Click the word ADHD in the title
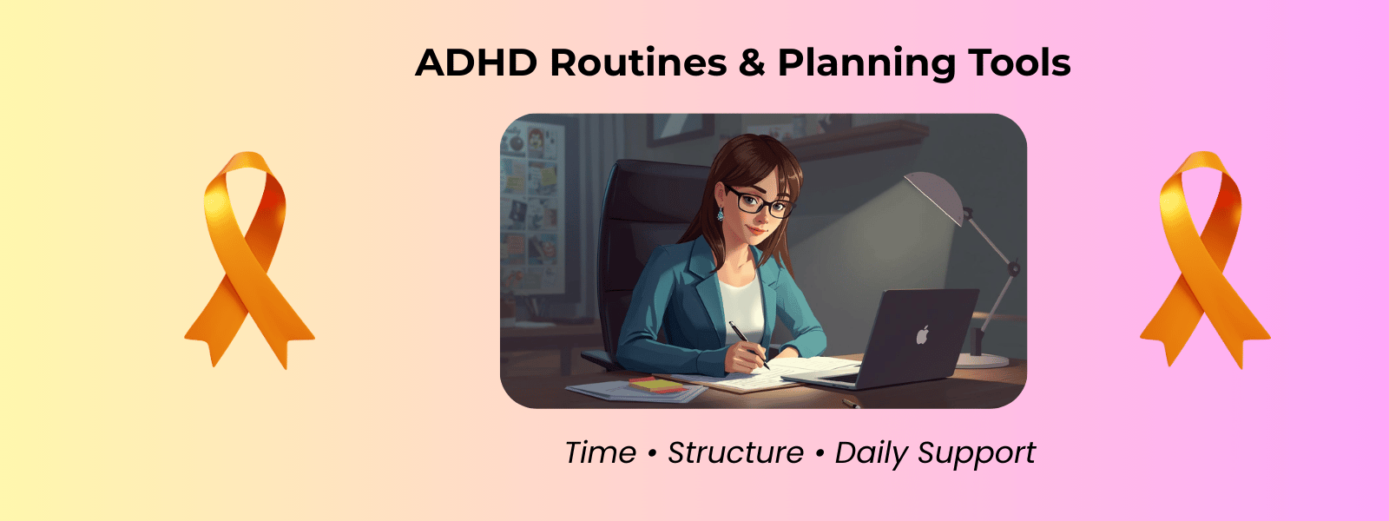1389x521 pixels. tap(477, 63)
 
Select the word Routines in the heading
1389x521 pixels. tap(638, 63)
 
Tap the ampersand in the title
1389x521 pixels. tap(752, 63)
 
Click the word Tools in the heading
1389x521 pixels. tap(1019, 62)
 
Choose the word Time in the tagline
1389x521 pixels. tap(600, 452)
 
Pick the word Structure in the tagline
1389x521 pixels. tap(735, 452)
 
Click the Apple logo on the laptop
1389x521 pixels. tap(922, 335)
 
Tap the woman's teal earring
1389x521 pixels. tap(720, 214)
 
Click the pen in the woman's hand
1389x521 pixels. tap(748, 345)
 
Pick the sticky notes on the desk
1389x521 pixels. tap(657, 385)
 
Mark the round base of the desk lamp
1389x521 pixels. tap(982, 360)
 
